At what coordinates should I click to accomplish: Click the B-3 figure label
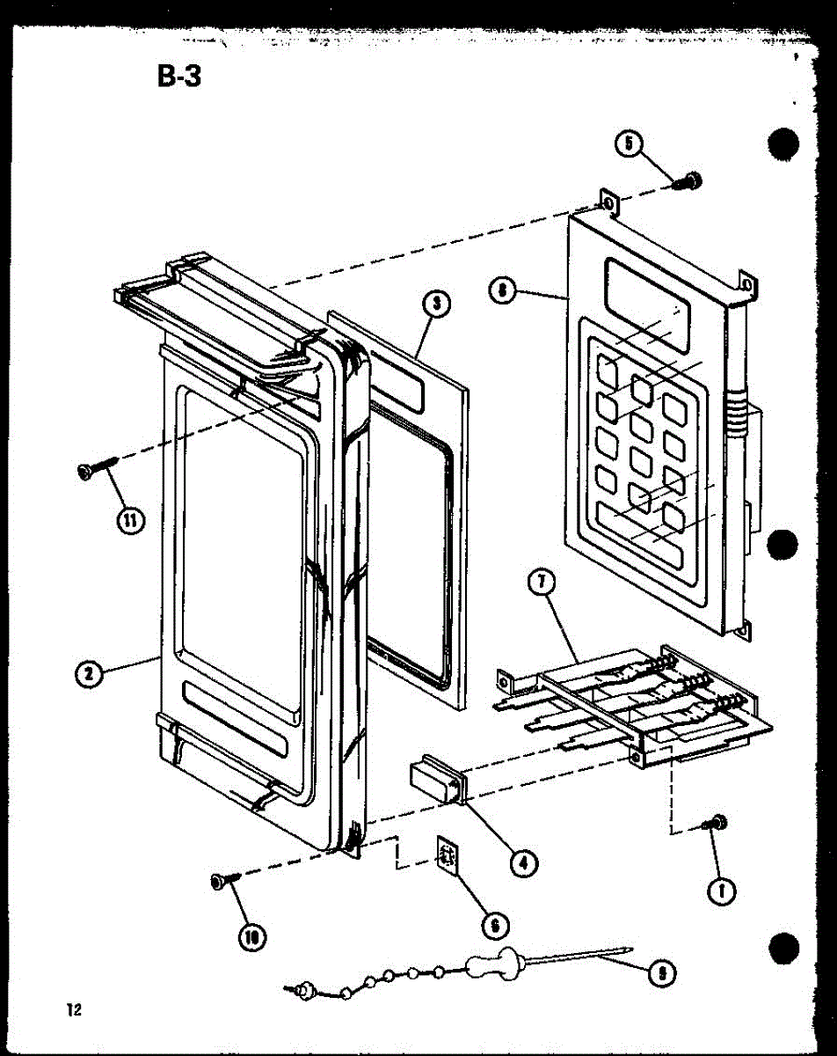click(x=179, y=77)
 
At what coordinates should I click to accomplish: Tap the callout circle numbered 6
click(x=495, y=924)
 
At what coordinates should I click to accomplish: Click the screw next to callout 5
click(x=688, y=180)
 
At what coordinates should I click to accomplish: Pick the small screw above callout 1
click(x=717, y=822)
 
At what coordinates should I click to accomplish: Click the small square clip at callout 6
click(x=448, y=856)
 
